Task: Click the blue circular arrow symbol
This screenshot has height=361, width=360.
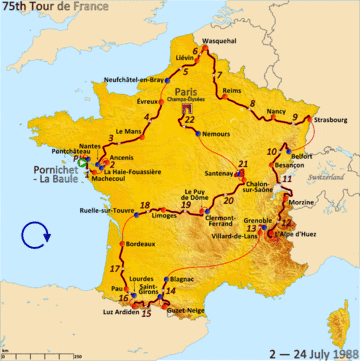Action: click(x=36, y=237)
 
